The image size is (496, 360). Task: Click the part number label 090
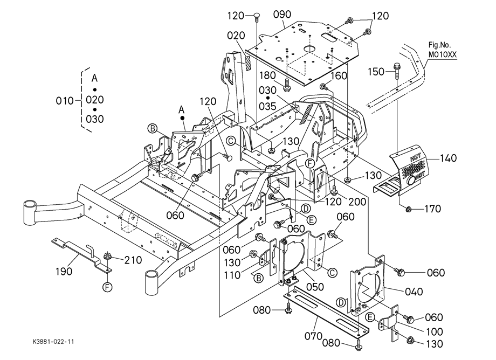click(x=283, y=12)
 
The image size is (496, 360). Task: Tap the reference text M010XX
click(x=442, y=54)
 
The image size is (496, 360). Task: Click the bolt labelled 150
click(x=396, y=70)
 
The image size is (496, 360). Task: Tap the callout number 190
click(x=64, y=272)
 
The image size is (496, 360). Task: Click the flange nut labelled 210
click(x=107, y=260)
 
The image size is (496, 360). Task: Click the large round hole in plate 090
click(x=311, y=48)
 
